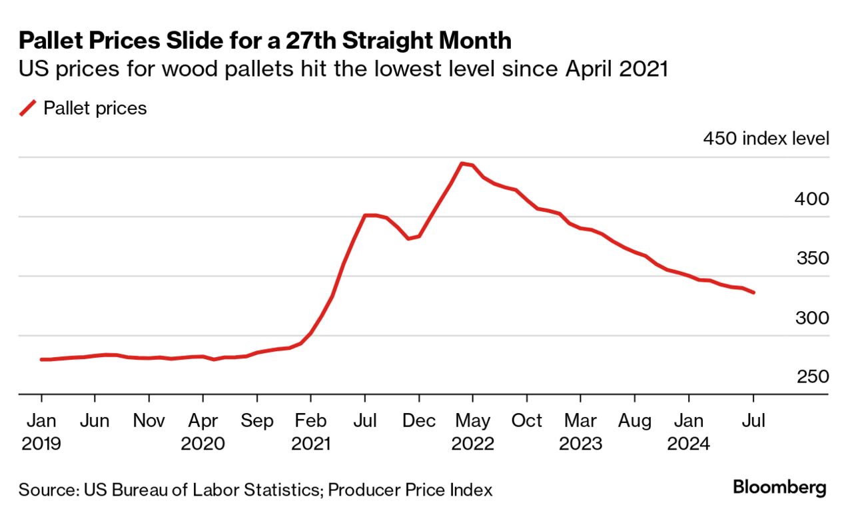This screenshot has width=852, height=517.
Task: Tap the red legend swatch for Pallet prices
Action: pyautogui.click(x=28, y=108)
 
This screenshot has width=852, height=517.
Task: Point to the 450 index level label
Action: pyautogui.click(x=766, y=139)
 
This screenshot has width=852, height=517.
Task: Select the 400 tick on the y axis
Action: pyautogui.click(x=812, y=199)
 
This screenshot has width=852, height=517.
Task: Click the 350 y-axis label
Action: pyautogui.click(x=812, y=258)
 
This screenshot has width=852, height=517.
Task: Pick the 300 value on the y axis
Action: pyautogui.click(x=812, y=318)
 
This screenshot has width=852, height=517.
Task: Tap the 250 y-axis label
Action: pyautogui.click(x=812, y=377)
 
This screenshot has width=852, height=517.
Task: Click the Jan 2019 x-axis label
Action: pyautogui.click(x=41, y=432)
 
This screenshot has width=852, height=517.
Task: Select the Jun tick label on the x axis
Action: pyautogui.click(x=95, y=421)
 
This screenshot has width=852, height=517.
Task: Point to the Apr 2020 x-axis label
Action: pyautogui.click(x=203, y=432)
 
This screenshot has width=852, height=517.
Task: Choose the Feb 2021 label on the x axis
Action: pyautogui.click(x=310, y=432)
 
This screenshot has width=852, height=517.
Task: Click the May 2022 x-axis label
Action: pyautogui.click(x=472, y=432)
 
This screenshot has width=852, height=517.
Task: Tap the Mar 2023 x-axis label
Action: pyautogui.click(x=580, y=432)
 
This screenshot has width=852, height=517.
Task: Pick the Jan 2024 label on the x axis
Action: pyautogui.click(x=688, y=432)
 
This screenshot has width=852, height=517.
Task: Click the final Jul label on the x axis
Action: pyautogui.click(x=753, y=421)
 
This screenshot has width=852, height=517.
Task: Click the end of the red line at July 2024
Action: pyautogui.click(x=753, y=292)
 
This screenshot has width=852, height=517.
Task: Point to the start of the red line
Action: pyautogui.click(x=41, y=360)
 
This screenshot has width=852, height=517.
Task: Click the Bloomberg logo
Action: pyautogui.click(x=779, y=488)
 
